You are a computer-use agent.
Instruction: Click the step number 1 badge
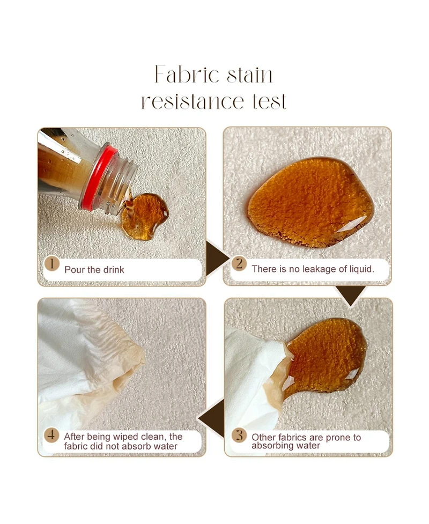coord(52,264)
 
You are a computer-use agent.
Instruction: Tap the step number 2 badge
coord(239,264)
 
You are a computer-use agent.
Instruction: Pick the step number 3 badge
coord(239,436)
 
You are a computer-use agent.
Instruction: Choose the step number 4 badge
coord(51,436)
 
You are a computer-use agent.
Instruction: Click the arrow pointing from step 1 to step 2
coord(217,259)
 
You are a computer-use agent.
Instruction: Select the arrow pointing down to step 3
coord(351,295)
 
